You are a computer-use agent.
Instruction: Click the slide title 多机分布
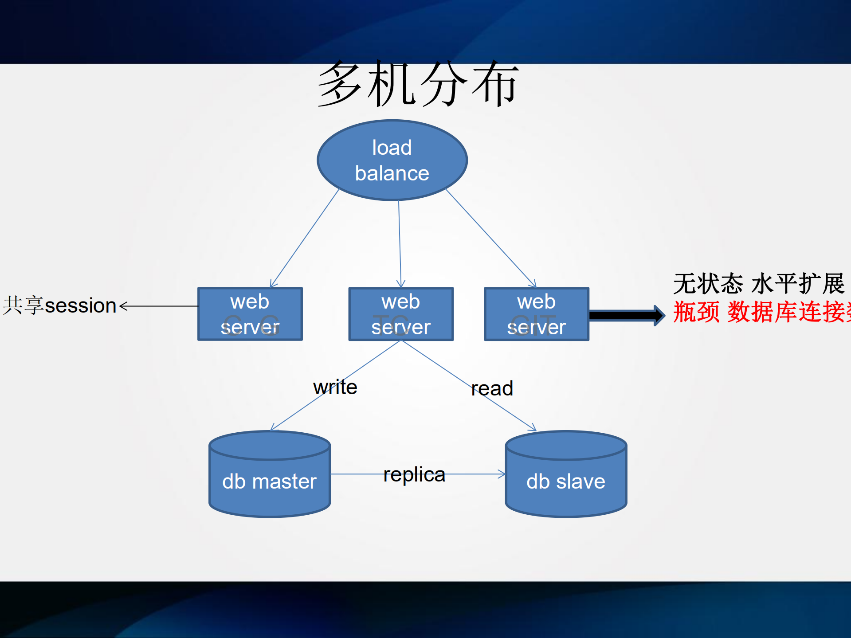418,84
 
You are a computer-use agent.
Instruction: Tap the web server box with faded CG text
250,314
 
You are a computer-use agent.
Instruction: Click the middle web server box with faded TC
401,314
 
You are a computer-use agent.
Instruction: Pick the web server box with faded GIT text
537,314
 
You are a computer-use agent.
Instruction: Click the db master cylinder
270,481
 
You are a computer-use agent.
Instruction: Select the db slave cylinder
566,481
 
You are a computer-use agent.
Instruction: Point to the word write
335,387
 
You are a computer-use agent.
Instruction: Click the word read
492,388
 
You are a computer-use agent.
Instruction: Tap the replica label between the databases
414,474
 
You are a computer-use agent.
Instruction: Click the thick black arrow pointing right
625,315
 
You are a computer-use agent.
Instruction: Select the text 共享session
60,305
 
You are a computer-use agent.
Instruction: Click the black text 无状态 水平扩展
758,284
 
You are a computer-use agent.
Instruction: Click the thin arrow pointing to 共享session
160,306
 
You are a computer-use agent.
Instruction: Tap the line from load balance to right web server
490,238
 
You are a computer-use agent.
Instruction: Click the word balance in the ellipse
392,173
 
